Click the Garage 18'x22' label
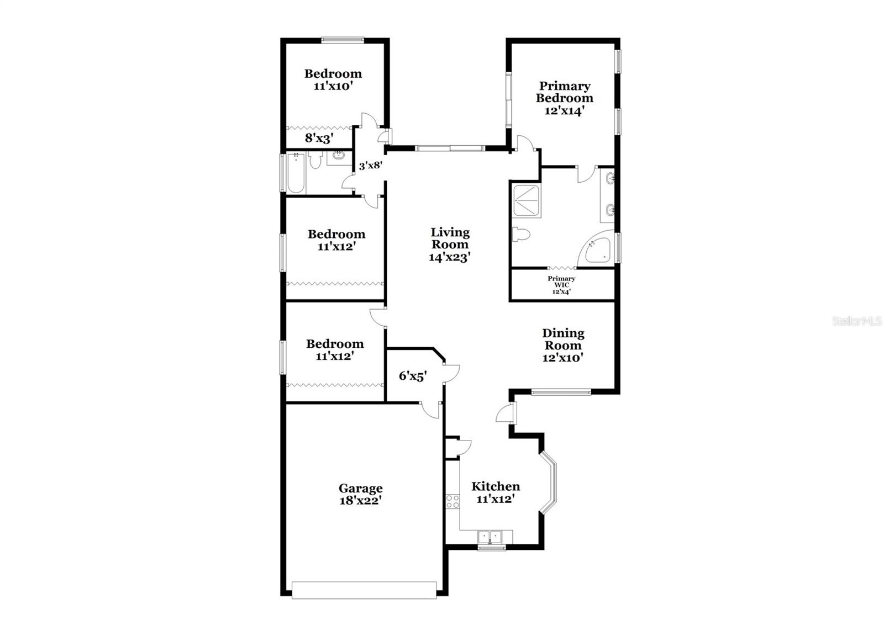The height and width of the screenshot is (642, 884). pos(360,495)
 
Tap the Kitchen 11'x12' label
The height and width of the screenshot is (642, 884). pos(495,492)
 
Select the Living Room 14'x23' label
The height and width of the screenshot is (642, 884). pos(450,245)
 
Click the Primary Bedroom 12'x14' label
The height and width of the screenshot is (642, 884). pos(565,98)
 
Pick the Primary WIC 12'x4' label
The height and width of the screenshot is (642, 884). pos(561,285)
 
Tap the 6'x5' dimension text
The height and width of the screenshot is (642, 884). pos(413,376)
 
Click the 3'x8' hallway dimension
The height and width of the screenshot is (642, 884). pos(370,165)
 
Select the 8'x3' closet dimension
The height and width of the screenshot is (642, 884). pos(319,138)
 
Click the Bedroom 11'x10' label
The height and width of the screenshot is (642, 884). pos(333,79)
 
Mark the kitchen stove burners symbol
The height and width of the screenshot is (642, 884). pos(452,501)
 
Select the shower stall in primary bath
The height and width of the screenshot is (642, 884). pos(526,200)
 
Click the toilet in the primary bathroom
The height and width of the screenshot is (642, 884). pos(520,235)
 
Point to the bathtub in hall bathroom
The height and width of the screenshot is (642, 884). pos(296,173)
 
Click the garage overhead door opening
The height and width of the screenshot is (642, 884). pos(364,590)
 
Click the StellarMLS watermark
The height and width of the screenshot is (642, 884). pos(857,321)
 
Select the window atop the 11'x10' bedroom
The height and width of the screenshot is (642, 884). pos(343,40)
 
